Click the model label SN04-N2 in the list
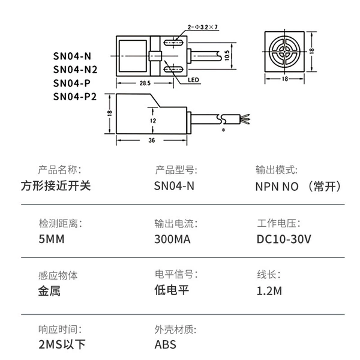76,70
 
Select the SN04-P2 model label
75,97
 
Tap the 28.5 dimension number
145,83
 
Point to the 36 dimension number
152,140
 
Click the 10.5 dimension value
227,56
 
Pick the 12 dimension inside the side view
153,121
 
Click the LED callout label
193,80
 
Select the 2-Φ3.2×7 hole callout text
203,27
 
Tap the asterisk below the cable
223,130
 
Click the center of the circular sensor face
284,52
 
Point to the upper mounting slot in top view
173,43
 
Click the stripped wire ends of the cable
245,119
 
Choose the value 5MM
52,239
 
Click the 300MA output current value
172,239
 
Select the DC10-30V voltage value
284,239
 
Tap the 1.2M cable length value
269,291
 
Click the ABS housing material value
166,344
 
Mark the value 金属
49,291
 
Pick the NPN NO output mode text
277,187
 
